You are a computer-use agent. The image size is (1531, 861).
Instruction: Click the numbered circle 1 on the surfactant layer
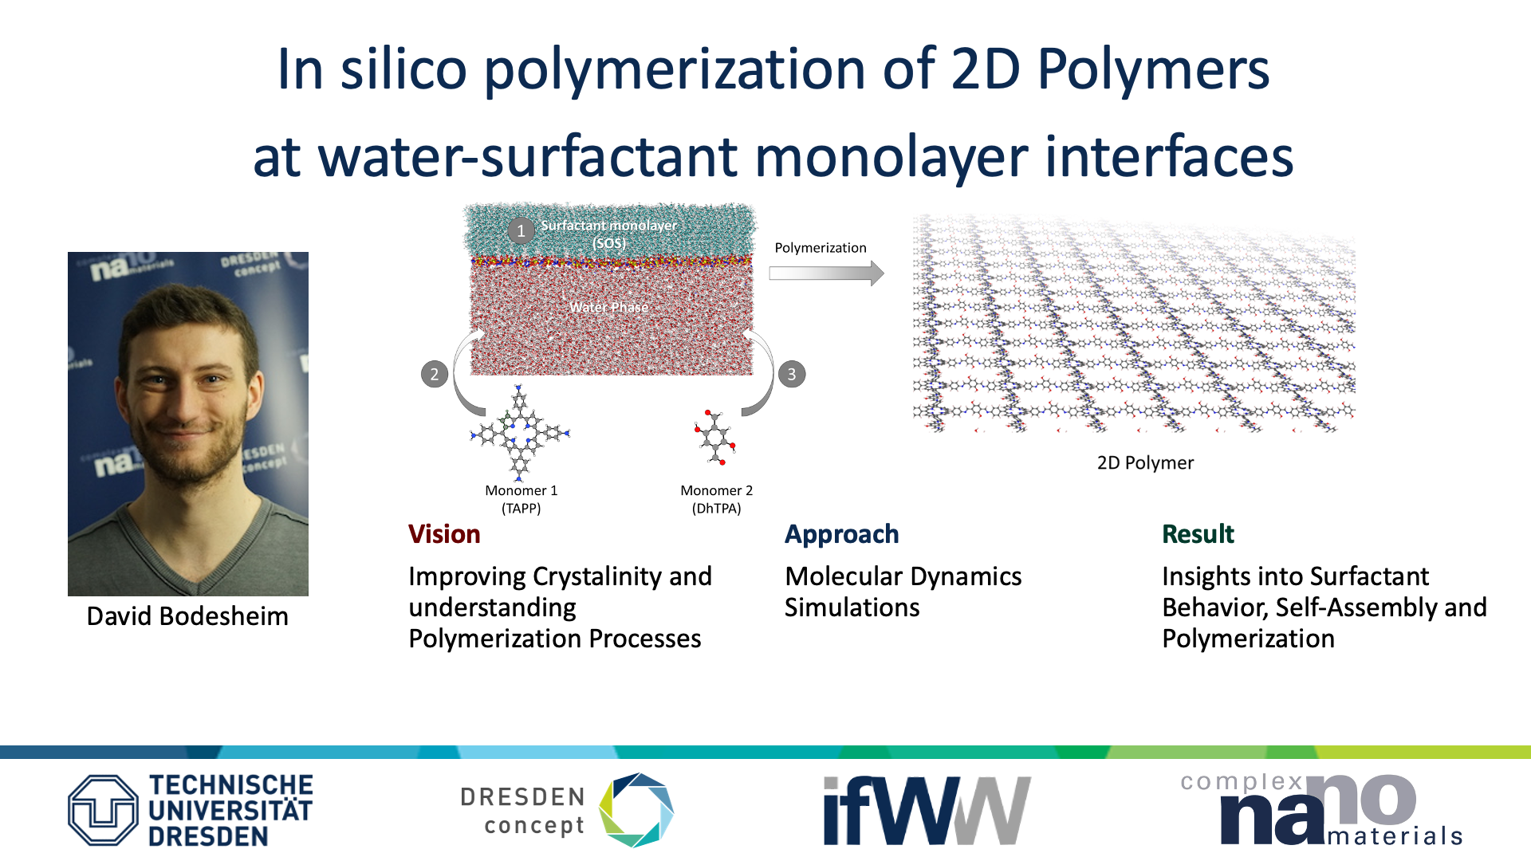(x=521, y=231)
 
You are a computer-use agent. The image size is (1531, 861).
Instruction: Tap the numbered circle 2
(x=435, y=374)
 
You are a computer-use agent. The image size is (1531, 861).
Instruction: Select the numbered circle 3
(x=792, y=374)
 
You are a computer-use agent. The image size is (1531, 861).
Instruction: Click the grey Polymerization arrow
(x=826, y=273)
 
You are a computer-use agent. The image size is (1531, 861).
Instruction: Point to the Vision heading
(x=444, y=534)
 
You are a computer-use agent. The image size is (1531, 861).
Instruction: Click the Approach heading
(x=842, y=535)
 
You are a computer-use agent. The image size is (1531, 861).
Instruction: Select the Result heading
(x=1198, y=534)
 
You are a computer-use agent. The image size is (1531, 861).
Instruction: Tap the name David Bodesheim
(x=187, y=616)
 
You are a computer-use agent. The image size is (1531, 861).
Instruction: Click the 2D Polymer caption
(x=1145, y=463)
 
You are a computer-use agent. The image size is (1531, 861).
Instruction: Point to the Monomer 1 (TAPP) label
(x=521, y=499)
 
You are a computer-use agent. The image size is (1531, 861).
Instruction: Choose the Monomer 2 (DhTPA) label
(x=716, y=499)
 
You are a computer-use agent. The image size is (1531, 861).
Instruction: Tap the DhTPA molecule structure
(x=714, y=438)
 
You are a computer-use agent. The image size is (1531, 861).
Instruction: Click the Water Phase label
(x=608, y=308)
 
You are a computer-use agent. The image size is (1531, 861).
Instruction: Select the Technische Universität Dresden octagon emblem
(x=103, y=810)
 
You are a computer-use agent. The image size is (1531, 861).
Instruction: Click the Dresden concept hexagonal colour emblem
(x=636, y=810)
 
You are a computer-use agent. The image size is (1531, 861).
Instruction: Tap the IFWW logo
(x=927, y=810)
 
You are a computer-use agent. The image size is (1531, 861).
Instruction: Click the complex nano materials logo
(x=1321, y=808)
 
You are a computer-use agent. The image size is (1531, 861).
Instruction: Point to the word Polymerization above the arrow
(x=821, y=248)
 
